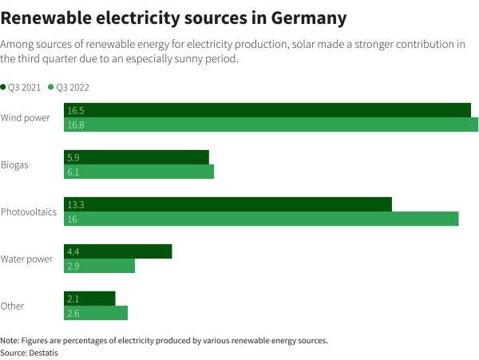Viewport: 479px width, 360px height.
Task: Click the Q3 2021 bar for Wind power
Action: tap(267, 110)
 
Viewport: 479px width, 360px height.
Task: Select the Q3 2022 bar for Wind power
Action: tap(271, 125)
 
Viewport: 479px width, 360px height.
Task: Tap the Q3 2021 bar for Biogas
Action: tap(136, 157)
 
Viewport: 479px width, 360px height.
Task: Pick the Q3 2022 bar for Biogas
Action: tap(139, 172)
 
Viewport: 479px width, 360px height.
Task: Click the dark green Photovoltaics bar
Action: tap(228, 204)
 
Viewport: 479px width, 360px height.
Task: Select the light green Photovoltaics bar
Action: tap(261, 219)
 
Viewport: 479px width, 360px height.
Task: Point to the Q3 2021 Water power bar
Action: tap(117, 251)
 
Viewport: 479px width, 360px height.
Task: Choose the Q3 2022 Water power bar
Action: tap(99, 266)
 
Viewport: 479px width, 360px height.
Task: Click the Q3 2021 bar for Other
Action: tap(89, 299)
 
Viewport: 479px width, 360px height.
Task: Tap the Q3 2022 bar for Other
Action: tap(96, 313)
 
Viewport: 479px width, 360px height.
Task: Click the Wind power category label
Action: tap(26, 118)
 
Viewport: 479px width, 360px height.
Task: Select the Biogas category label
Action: tap(14, 165)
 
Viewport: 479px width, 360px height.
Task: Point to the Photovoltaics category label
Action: tap(29, 212)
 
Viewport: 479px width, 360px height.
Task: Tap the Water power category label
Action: tap(26, 259)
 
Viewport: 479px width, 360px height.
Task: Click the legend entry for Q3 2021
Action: tap(22, 86)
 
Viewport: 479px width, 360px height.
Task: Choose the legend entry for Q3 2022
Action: tap(70, 86)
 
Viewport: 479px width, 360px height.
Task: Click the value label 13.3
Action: tap(76, 205)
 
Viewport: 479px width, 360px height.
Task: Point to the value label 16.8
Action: tap(76, 125)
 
